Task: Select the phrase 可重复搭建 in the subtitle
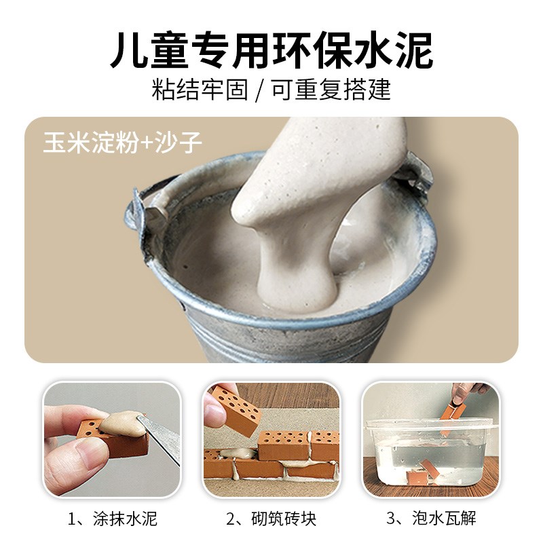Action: pos(333,89)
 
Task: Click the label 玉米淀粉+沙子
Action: pos(122,141)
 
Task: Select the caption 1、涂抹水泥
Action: pos(113,519)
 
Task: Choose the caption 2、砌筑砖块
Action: pos(271,519)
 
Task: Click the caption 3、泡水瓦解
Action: pos(431,519)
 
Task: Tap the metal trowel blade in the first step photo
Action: pos(160,434)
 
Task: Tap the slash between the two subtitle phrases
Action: pos(259,90)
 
